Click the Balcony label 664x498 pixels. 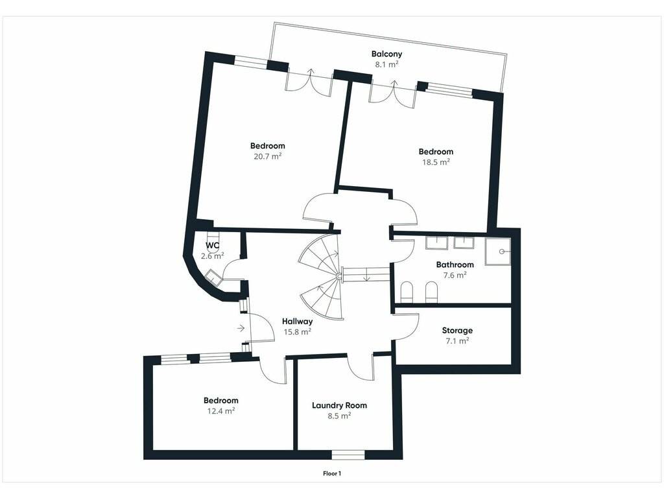[x=386, y=54]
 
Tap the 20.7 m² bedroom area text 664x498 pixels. [x=268, y=156]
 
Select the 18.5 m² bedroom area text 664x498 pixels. [x=436, y=161]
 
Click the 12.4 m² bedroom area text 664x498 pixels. [x=221, y=410]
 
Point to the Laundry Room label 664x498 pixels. [x=339, y=406]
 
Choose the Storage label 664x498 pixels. [x=457, y=331]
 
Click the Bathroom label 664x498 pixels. [x=455, y=265]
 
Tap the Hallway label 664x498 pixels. [x=297, y=322]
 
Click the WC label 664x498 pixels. [x=212, y=246]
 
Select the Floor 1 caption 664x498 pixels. [x=332, y=473]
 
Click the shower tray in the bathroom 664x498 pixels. [x=498, y=252]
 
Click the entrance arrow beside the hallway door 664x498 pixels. [x=241, y=327]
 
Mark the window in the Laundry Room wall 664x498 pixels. [x=348, y=455]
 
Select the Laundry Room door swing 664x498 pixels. [x=360, y=367]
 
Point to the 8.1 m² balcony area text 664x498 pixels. [x=386, y=64]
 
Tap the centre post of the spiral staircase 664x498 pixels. [x=338, y=276]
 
